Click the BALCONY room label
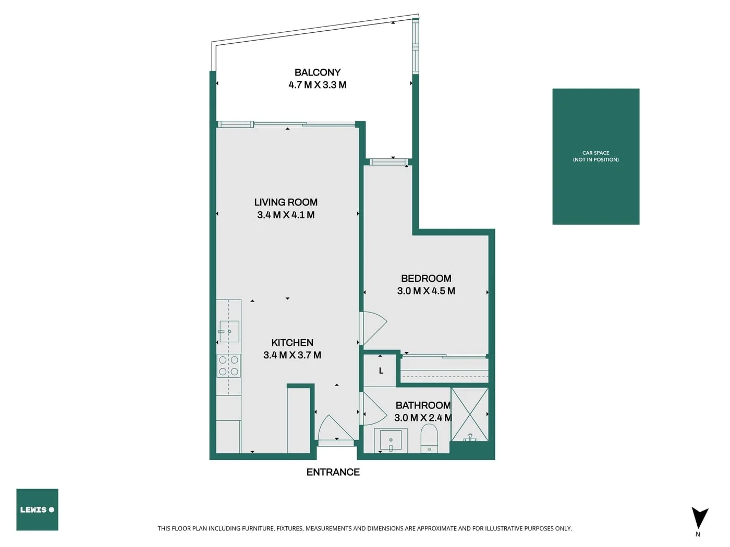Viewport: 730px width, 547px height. coord(317,72)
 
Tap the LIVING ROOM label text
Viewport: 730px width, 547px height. coord(286,202)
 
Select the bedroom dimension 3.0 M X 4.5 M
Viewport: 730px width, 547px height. coord(426,291)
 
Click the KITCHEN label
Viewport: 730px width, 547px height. coord(292,343)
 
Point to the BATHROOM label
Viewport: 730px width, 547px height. coord(423,405)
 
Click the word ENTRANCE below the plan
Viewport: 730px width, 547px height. coord(333,473)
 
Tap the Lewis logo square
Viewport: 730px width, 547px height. coord(37,509)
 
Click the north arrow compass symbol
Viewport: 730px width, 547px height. coord(699,518)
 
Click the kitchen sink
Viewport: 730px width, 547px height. coord(229,331)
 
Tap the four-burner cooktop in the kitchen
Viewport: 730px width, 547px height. coord(228,366)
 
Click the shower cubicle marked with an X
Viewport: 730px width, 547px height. coord(469,414)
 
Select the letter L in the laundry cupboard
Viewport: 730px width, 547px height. coord(381,371)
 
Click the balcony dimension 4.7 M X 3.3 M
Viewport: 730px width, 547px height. coord(317,85)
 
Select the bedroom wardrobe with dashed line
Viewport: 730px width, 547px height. coord(444,371)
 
